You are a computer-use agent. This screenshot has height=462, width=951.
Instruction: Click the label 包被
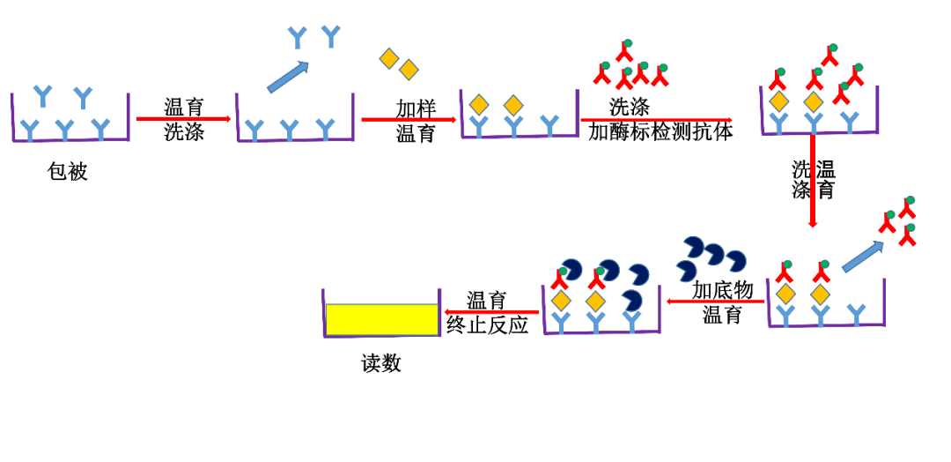(68, 171)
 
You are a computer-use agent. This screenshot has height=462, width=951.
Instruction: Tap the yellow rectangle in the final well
(381, 319)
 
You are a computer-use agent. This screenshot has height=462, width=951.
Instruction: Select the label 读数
(381, 363)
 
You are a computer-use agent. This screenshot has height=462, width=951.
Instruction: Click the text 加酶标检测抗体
(660, 132)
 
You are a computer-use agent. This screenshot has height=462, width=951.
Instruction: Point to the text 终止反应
(487, 324)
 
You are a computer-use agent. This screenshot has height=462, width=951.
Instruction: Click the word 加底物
(722, 290)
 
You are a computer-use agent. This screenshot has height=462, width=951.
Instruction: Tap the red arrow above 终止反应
(491, 312)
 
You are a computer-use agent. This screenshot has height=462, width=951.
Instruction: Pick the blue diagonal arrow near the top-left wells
(288, 77)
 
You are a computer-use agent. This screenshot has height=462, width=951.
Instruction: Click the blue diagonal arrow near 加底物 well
(862, 257)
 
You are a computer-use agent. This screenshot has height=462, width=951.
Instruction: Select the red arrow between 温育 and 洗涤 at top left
(183, 119)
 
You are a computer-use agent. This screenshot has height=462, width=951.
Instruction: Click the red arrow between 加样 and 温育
(409, 120)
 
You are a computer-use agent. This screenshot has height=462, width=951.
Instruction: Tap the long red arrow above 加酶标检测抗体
(656, 120)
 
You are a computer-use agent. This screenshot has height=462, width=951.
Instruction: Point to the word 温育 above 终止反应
(486, 301)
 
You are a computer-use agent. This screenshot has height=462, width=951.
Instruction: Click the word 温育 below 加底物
(722, 315)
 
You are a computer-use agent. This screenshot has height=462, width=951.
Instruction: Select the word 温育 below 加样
(416, 134)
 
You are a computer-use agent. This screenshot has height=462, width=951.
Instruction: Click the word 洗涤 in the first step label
(183, 133)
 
